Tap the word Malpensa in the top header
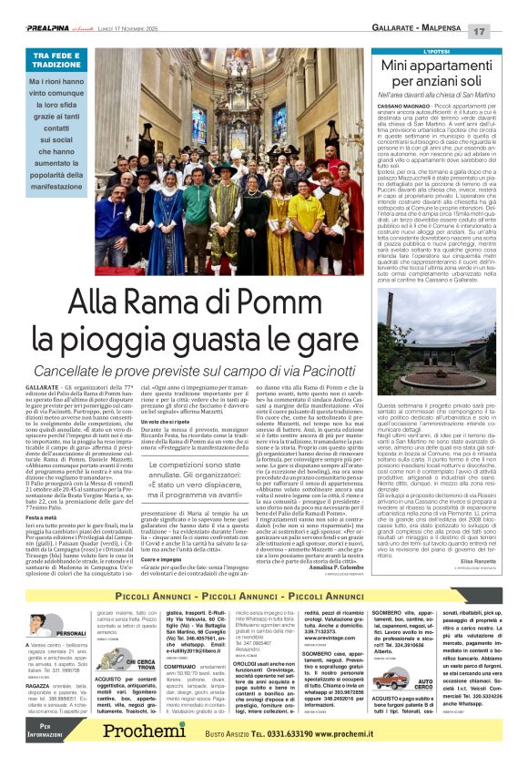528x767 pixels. click(x=445, y=30)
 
